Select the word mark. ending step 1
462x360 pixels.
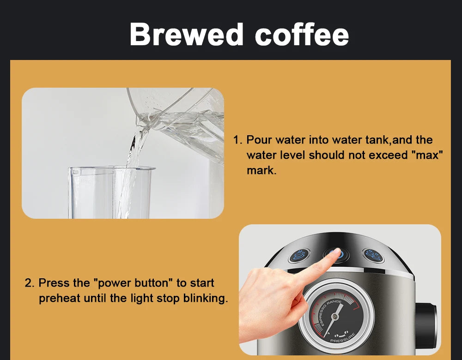click(x=261, y=170)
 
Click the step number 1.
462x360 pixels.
click(x=237, y=140)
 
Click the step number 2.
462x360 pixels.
click(x=29, y=282)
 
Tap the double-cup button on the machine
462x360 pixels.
click(x=371, y=255)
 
